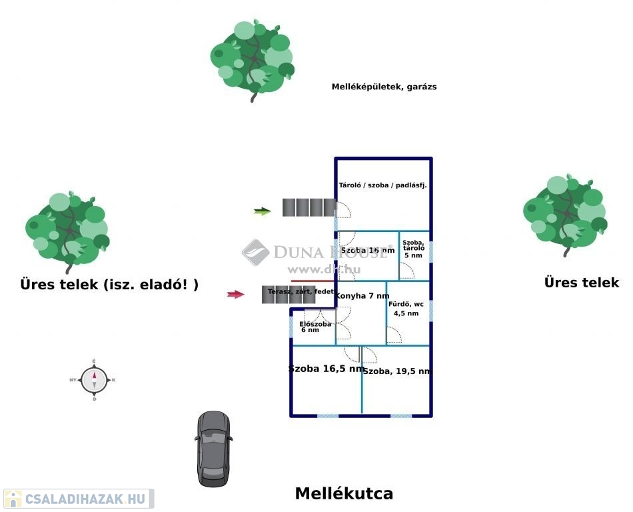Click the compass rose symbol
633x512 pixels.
tap(94, 380)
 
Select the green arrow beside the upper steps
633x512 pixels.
tap(263, 211)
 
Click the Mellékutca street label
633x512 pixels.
tap(344, 494)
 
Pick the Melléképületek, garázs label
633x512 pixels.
tap(384, 87)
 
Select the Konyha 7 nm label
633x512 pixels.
tap(362, 295)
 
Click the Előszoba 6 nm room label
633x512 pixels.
tap(311, 327)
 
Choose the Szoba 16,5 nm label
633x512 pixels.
tap(326, 368)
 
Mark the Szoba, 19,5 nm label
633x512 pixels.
tap(397, 371)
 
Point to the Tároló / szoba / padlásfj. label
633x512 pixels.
tap(382, 185)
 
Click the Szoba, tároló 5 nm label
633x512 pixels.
tap(413, 249)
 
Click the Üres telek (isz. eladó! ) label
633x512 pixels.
tap(109, 285)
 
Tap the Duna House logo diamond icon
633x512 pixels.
tap(255, 252)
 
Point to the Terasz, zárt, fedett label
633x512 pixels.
tap(301, 291)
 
